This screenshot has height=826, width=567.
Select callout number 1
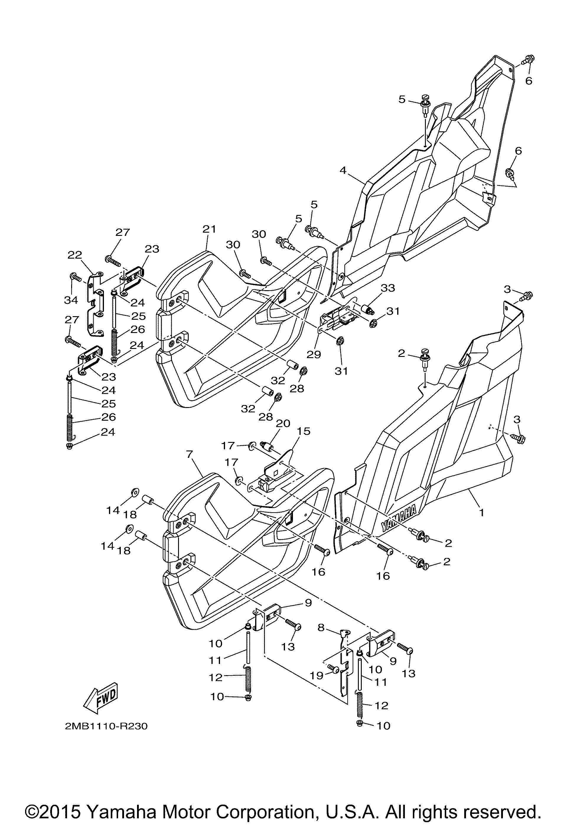click(481, 513)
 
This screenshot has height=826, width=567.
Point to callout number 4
click(343, 170)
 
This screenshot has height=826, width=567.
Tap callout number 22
click(75, 254)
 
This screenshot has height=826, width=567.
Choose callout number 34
click(71, 300)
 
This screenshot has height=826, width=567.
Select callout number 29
click(315, 354)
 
